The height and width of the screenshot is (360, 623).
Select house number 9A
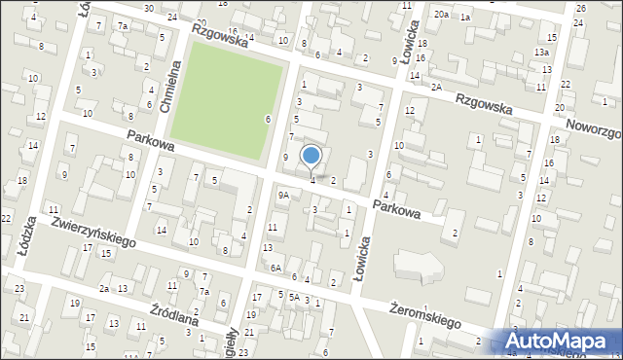click(x=283, y=195)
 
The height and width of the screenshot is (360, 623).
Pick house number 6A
click(x=276, y=268)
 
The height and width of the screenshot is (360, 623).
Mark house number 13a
click(x=541, y=52)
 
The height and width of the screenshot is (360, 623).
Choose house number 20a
click(x=441, y=15)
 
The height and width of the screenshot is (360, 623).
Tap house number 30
click(x=148, y=8)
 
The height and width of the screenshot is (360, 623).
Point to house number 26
click(x=580, y=8)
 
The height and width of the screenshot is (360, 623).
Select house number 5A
click(x=293, y=297)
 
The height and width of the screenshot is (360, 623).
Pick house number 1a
click(x=465, y=18)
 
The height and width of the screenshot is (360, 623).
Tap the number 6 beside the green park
click(x=268, y=119)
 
